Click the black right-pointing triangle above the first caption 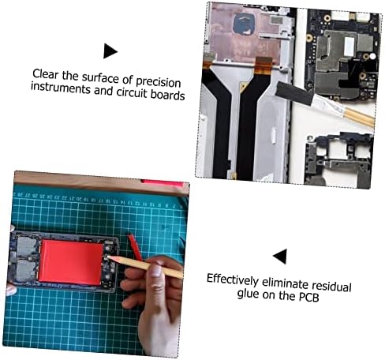pyautogui.click(x=110, y=51)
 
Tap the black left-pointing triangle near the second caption pyautogui.click(x=280, y=256)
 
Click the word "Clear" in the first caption pyautogui.click(x=45, y=74)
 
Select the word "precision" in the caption pyautogui.click(x=159, y=82)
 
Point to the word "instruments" pyautogui.click(x=61, y=88)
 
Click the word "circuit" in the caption pyautogui.click(x=132, y=92)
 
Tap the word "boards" pyautogui.click(x=167, y=95)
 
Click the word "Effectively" pyautogui.click(x=233, y=279)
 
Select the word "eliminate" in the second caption pyautogui.click(x=286, y=283)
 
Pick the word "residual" pyautogui.click(x=331, y=286)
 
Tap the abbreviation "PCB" pyautogui.click(x=309, y=297)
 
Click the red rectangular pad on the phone pyautogui.click(x=70, y=262)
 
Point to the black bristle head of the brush pyautogui.click(x=294, y=93)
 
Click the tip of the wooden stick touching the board pyautogui.click(x=108, y=257)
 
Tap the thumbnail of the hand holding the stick pyautogui.click(x=156, y=270)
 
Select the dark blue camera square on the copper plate pyautogui.click(x=245, y=24)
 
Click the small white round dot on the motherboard pyautogui.click(x=372, y=56)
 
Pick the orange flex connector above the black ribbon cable pyautogui.click(x=264, y=66)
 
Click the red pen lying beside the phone pyautogui.click(x=135, y=246)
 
